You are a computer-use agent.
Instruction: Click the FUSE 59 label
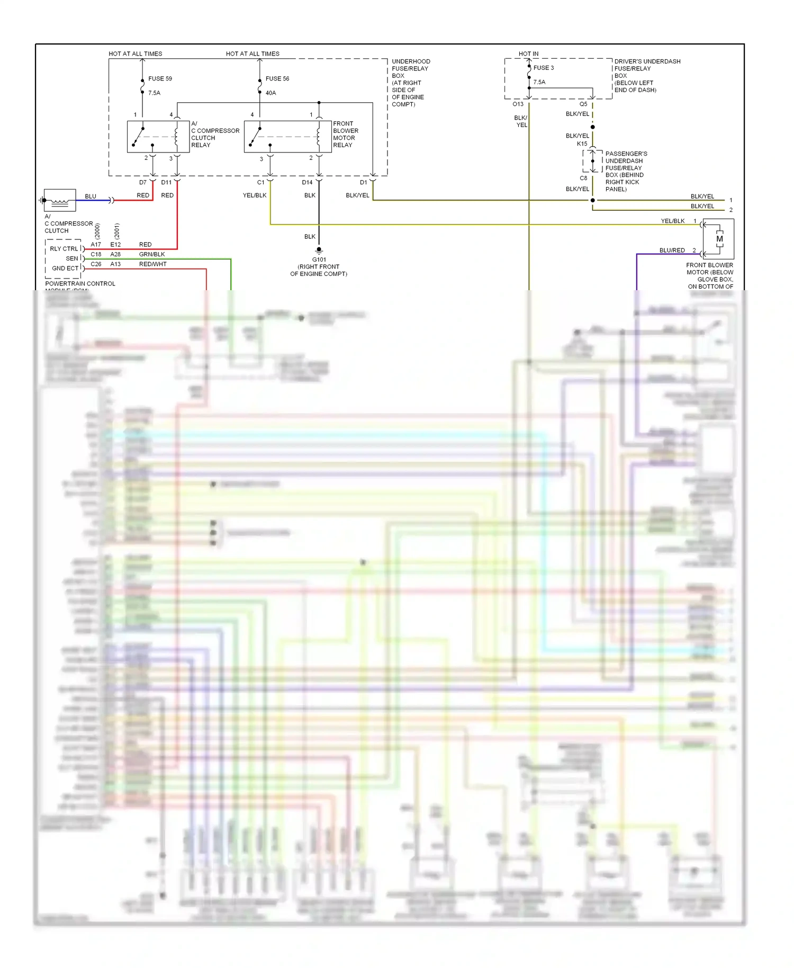(x=160, y=79)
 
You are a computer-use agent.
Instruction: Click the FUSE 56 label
(x=277, y=79)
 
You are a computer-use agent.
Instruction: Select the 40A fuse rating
(x=270, y=93)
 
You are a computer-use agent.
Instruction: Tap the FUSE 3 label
(x=544, y=68)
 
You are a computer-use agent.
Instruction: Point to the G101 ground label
(x=319, y=260)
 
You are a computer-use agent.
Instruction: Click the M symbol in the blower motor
(x=719, y=239)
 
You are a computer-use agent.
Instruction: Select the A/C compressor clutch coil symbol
(x=59, y=201)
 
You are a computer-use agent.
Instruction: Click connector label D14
(x=307, y=183)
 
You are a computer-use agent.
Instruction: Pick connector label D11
(x=166, y=183)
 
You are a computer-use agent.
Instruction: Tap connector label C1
(x=260, y=183)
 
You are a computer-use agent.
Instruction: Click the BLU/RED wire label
(x=672, y=250)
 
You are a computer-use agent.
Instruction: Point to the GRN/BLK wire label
(x=152, y=255)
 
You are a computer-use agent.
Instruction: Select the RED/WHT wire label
(x=152, y=264)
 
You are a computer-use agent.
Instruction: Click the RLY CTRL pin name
(x=64, y=249)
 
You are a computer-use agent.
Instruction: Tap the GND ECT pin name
(x=65, y=268)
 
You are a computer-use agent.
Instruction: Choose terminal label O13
(x=518, y=104)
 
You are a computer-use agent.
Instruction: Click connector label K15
(x=582, y=144)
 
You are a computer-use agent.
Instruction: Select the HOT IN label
(x=528, y=54)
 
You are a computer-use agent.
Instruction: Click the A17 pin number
(x=96, y=245)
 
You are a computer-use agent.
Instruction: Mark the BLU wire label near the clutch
(x=91, y=196)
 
